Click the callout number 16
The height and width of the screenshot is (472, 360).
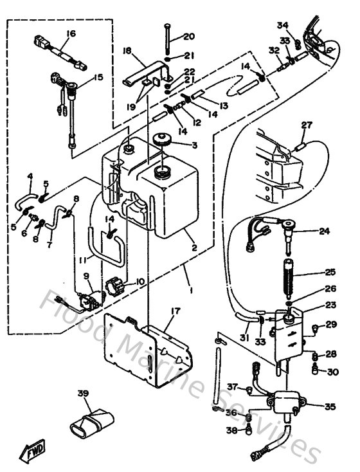coord(71,33)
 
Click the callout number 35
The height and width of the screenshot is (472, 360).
coord(330,406)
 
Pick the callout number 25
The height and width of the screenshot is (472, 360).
coord(330,273)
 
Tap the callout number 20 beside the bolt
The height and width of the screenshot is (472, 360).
coord(188,36)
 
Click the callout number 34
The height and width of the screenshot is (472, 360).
coord(282,25)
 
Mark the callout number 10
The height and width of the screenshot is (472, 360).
coord(141,281)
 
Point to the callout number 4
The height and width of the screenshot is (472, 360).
coord(30,176)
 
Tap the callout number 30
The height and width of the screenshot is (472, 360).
coord(332,372)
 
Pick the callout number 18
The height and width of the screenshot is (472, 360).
coord(127,50)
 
